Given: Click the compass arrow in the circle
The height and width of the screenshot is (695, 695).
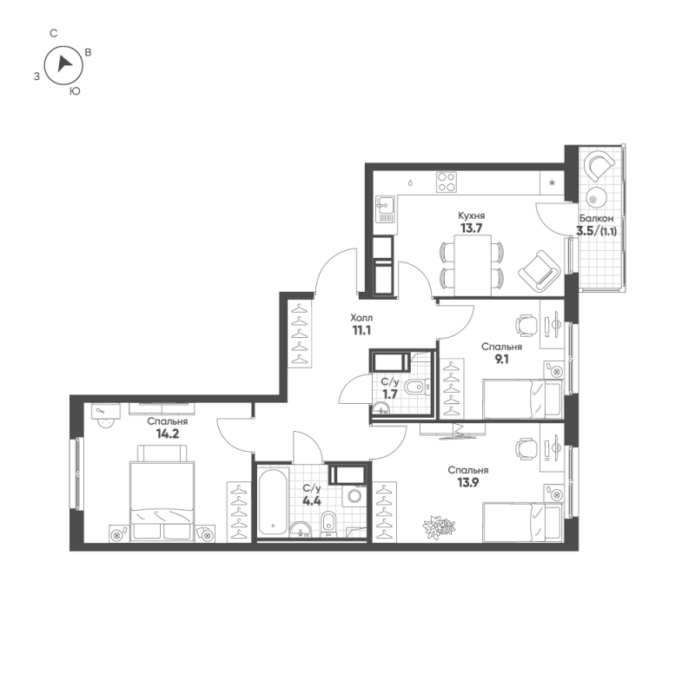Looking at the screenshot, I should [x=63, y=63].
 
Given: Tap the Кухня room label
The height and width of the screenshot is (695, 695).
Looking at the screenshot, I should [x=471, y=215].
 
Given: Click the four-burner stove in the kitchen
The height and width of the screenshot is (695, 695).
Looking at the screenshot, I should [x=447, y=182].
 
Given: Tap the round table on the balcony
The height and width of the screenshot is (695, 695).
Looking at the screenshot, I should [x=594, y=195].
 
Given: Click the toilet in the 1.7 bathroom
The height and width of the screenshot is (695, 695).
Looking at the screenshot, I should [x=420, y=389].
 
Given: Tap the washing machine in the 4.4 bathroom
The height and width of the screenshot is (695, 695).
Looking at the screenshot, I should [x=354, y=496].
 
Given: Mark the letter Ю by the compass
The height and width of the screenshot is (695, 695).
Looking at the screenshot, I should [x=75, y=90].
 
